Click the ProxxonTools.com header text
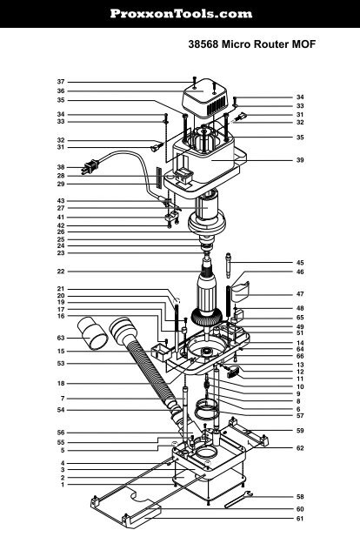pyautogui.click(x=180, y=14)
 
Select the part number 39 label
pyautogui.click(x=300, y=160)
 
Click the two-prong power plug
pyautogui.click(x=90, y=168)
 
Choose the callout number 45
pyautogui.click(x=300, y=262)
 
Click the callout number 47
pyautogui.click(x=300, y=294)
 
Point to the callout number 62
pyautogui.click(x=300, y=447)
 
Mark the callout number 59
pyautogui.click(x=300, y=430)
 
